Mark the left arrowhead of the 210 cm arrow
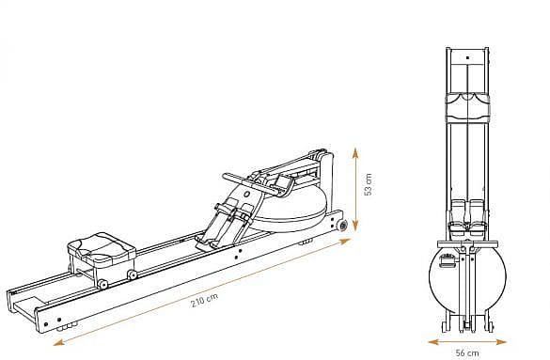57,343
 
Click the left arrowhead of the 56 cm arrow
430,342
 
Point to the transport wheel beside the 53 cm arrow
342,226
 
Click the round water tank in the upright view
467,279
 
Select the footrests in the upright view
467,214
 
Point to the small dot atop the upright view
467,56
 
